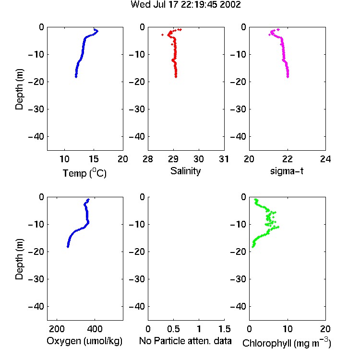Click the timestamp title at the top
tap(185, 4)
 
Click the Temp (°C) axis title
tap(84, 173)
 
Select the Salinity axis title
tap(185, 171)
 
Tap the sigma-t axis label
tap(287, 171)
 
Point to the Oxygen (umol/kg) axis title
tap(84, 341)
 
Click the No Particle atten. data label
tap(185, 341)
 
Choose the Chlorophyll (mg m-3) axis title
tap(287, 343)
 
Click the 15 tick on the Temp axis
tap(94, 159)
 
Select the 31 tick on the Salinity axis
tap(224, 159)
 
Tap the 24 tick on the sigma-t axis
tap(325, 159)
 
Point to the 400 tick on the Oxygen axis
tap(95, 329)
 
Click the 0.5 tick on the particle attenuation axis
tap(173, 329)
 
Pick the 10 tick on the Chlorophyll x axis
tap(288, 329)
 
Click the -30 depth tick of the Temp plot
tap(36, 109)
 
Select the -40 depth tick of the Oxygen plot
tap(36, 306)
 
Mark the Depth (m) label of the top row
tap(19, 89)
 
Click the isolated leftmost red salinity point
tap(163, 35)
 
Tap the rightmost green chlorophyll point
tap(278, 227)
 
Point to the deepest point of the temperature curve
tap(76, 77)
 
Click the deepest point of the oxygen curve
tap(68, 247)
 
